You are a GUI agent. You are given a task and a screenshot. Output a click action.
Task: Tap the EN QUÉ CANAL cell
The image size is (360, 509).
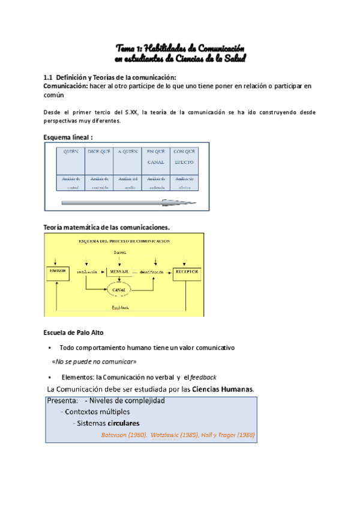155,157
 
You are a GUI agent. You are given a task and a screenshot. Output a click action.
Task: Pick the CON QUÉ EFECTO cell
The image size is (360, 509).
184,157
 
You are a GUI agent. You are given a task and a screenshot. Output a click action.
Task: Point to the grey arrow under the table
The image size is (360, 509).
128,203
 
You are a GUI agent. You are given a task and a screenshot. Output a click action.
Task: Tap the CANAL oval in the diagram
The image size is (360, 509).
121,289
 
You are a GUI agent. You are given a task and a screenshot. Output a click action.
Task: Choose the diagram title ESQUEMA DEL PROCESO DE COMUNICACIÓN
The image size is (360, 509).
124,241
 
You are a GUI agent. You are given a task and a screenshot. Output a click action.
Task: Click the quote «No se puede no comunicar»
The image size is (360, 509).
94,362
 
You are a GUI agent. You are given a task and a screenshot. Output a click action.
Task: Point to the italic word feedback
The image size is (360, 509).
203,376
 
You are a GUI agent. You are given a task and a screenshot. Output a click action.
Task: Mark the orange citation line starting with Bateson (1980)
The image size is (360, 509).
178,435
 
